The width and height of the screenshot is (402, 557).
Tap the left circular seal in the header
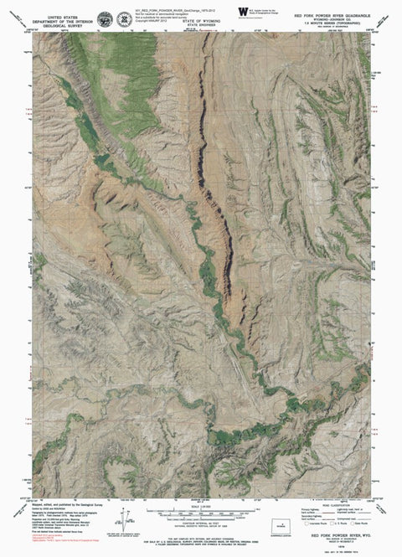[103, 18]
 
